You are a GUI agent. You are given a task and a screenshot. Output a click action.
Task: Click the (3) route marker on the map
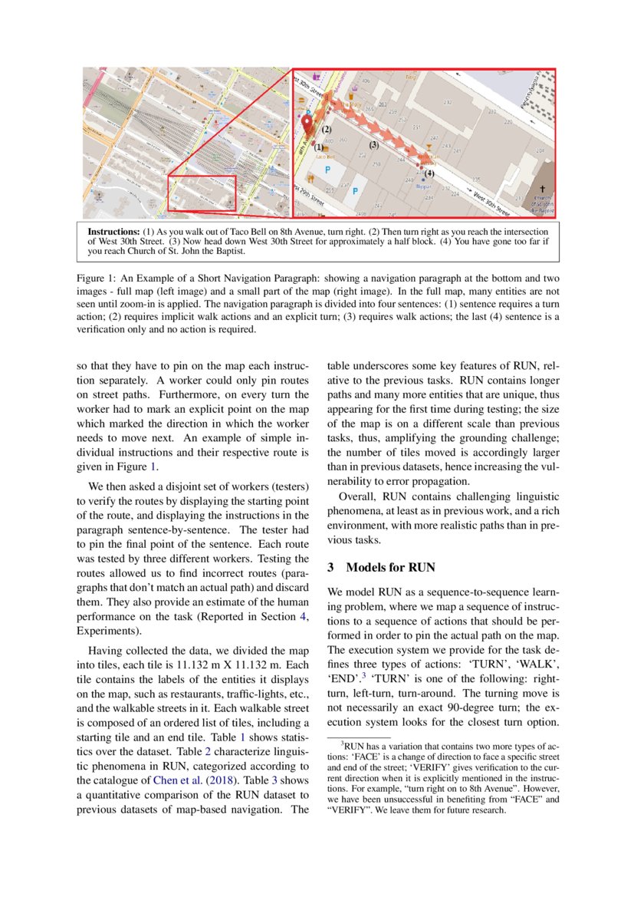click(374, 144)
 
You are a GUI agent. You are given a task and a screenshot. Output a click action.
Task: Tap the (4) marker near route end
click(429, 174)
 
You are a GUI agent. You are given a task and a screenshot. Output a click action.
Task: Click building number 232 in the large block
click(447, 102)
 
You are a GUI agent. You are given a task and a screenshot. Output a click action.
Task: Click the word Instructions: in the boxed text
click(114, 231)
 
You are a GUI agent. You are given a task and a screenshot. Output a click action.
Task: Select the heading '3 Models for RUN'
click(381, 568)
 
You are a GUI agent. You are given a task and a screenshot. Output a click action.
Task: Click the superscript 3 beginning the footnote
click(342, 743)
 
